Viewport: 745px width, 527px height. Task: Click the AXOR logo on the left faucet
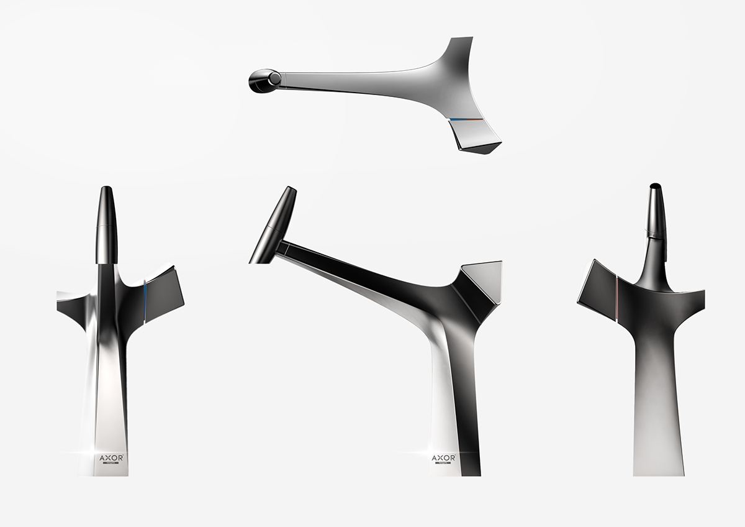click(x=112, y=457)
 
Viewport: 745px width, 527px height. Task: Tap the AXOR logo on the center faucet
click(x=443, y=457)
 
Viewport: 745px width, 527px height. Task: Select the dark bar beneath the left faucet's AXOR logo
click(x=112, y=463)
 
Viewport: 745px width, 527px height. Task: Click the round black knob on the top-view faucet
click(x=264, y=79)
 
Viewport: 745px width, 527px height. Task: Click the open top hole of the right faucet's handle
click(x=654, y=186)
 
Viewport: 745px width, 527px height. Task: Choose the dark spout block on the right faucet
click(x=598, y=289)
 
